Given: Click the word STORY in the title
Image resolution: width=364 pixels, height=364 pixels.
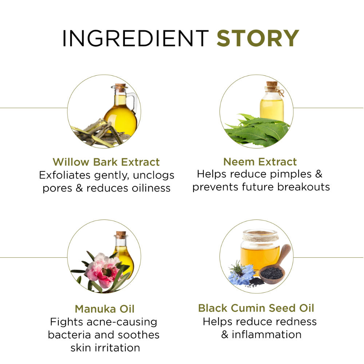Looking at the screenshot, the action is coord(258,38).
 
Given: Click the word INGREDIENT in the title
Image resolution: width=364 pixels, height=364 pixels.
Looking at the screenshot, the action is coord(135,38).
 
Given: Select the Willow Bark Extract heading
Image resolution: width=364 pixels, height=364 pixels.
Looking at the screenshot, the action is coord(106,162).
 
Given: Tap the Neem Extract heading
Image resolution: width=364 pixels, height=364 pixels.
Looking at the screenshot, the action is coord(260,162).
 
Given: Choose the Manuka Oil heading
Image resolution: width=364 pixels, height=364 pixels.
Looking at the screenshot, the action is coord(105,309).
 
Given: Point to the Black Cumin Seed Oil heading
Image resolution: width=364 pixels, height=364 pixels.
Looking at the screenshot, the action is coord(256,308).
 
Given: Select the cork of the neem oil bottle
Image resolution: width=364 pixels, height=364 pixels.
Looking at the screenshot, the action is coord(272,84).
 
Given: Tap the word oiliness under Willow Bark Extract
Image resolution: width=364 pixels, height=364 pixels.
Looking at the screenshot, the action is coord(151,188).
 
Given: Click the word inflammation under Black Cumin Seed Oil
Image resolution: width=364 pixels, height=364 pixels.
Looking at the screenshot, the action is coord(266,335).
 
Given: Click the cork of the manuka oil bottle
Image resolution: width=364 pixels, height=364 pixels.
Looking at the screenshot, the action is coord(121,235).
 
